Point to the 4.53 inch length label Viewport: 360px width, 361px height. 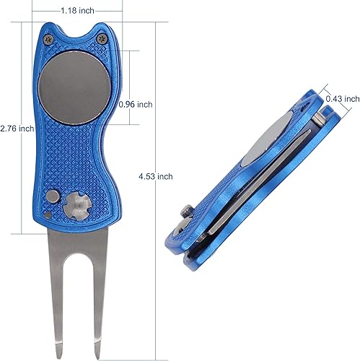(x=154, y=175)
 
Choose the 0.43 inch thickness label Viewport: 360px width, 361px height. (x=342, y=98)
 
